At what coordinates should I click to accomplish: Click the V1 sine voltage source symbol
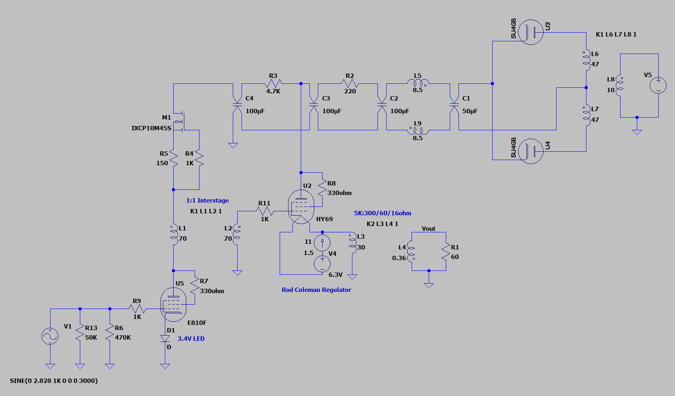pyautogui.click(x=50, y=336)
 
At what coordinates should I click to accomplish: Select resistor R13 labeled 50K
pyautogui.click(x=80, y=333)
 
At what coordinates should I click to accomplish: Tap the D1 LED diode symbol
pyautogui.click(x=165, y=339)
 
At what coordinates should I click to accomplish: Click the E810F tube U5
pyautogui.click(x=173, y=305)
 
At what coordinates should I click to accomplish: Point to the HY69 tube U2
pyautogui.click(x=301, y=207)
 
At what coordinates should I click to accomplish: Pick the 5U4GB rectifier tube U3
pyautogui.click(x=530, y=32)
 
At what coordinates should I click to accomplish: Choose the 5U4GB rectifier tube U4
pyautogui.click(x=530, y=151)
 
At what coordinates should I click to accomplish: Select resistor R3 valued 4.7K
pyautogui.click(x=273, y=84)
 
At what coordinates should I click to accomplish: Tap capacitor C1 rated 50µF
pyautogui.click(x=454, y=105)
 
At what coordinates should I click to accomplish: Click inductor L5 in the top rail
pyautogui.click(x=418, y=83)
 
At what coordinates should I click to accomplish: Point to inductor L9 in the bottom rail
pyautogui.click(x=418, y=130)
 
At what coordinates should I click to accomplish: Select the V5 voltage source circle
pyautogui.click(x=658, y=86)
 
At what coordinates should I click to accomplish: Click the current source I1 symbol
pyautogui.click(x=322, y=242)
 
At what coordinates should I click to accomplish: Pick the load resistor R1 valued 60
pyautogui.click(x=446, y=252)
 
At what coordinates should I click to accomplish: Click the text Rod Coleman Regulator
pyautogui.click(x=316, y=290)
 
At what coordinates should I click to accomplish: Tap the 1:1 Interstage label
pyautogui.click(x=207, y=201)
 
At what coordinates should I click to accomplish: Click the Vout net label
pyautogui.click(x=428, y=229)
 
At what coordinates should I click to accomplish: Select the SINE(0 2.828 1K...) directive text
pyautogui.click(x=54, y=381)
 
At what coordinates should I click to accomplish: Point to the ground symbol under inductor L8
pyautogui.click(x=637, y=132)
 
